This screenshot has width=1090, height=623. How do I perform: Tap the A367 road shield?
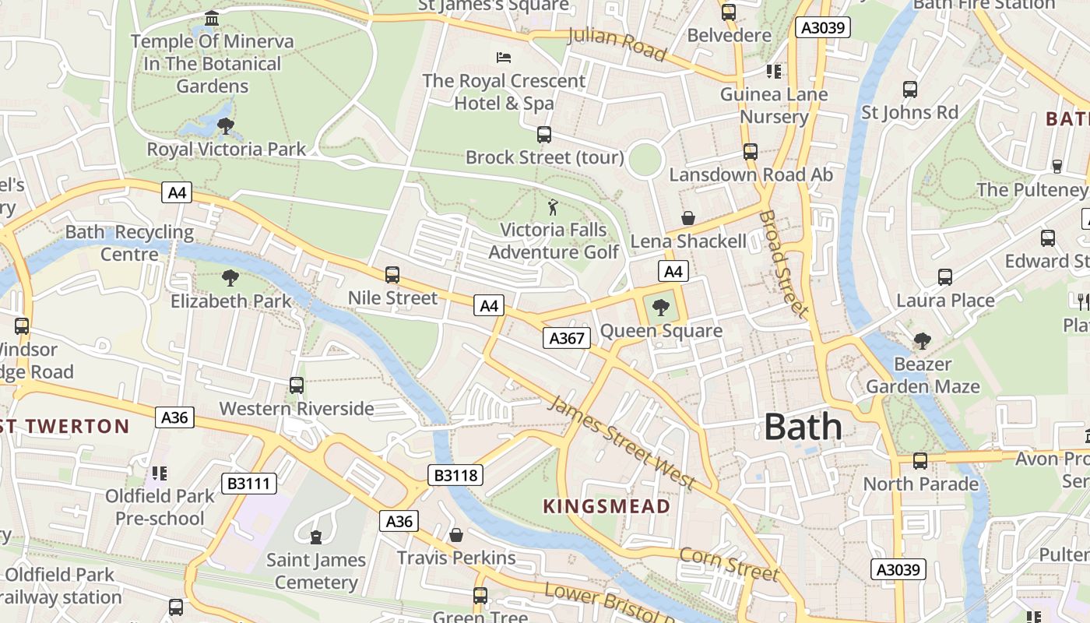[x=566, y=338]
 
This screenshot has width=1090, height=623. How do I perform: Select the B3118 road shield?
[x=455, y=475]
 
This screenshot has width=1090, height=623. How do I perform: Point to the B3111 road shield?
[x=249, y=484]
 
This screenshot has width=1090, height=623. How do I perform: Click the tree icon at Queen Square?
[x=660, y=308]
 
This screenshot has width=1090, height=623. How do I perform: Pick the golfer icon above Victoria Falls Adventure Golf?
[x=553, y=207]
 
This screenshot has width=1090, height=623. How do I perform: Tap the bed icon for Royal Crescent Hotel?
[x=504, y=58]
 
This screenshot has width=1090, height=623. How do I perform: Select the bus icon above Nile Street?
[x=392, y=275]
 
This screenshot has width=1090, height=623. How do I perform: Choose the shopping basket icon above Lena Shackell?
[x=688, y=218]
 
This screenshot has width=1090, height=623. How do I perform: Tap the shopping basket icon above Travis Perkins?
[x=456, y=535]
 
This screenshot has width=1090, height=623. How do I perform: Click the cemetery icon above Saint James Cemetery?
[x=316, y=537]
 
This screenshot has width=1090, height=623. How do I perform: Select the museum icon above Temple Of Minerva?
[x=212, y=18]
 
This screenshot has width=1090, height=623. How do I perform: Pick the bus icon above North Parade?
[x=920, y=461]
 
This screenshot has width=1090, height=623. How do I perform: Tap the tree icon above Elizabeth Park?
[x=230, y=278]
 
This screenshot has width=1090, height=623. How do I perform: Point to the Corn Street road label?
[x=729, y=565]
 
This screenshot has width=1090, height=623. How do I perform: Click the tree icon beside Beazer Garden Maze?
[x=923, y=341]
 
